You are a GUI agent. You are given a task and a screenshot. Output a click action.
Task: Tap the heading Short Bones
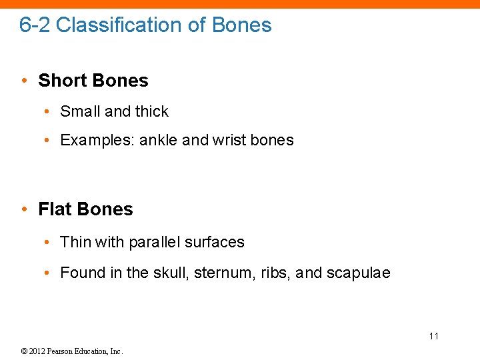(93, 81)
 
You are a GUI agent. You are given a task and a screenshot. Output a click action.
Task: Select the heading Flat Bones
(85, 209)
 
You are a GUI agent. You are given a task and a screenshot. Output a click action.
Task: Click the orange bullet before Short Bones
(24, 81)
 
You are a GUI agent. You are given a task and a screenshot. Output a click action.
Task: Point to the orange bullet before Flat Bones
(24, 209)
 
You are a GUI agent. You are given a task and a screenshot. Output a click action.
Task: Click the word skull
(173, 273)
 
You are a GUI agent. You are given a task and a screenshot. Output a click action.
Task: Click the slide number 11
(434, 336)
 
